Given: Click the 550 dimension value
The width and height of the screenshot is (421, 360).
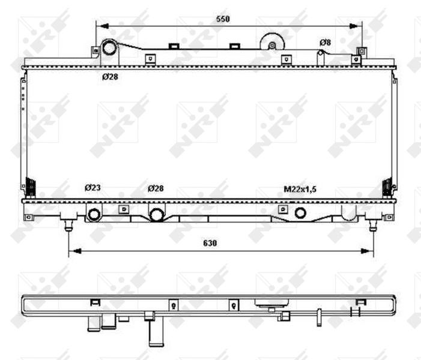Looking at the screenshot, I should click(x=223, y=19).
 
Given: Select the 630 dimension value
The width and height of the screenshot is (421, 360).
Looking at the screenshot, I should click(x=210, y=243).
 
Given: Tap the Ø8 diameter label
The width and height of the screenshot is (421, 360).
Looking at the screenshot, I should click(x=325, y=42).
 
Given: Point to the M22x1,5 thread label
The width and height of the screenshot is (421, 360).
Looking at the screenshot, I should click(x=300, y=189).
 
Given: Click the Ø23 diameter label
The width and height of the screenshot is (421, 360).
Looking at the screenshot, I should click(x=92, y=188).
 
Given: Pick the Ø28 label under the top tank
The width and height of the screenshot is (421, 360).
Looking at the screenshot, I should click(x=109, y=77).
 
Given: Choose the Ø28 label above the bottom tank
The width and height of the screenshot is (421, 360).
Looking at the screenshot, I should click(x=156, y=188).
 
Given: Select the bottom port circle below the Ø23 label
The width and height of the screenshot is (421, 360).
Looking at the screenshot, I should click(x=94, y=214).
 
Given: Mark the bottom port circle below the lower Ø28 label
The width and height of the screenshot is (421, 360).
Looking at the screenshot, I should click(x=157, y=214).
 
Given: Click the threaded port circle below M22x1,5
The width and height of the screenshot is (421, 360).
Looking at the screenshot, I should click(x=300, y=212).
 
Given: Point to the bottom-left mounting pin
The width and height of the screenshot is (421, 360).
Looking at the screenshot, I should click(x=69, y=225).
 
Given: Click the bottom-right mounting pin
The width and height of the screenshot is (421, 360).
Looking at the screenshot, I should click(x=373, y=225).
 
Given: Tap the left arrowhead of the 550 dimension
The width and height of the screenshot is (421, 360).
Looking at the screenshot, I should click(x=100, y=26).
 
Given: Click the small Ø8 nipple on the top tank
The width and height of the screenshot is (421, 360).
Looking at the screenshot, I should click(x=321, y=53).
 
